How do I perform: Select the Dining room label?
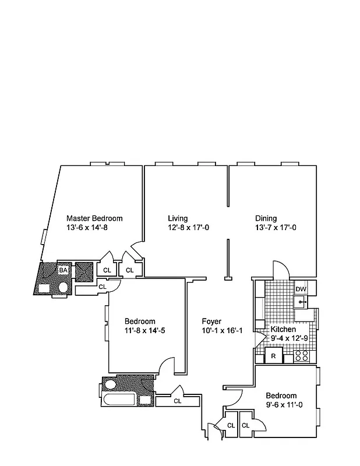click(266, 218)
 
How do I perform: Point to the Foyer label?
click(211, 321)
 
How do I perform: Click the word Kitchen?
click(284, 329)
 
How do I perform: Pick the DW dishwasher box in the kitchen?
click(301, 289)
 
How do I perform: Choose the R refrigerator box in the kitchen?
click(273, 355)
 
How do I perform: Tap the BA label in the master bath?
click(63, 270)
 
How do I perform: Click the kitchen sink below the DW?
click(301, 302)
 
